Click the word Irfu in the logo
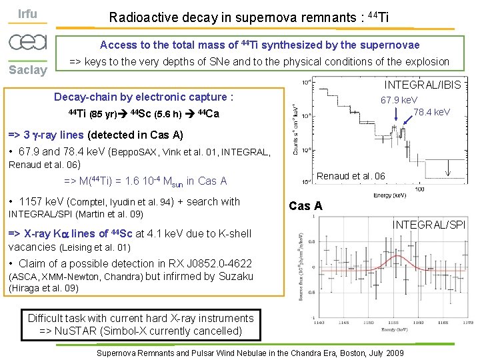tap(27, 14)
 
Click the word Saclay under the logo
tap(27, 70)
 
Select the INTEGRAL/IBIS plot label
tap(422, 85)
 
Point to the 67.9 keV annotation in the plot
tap(399, 99)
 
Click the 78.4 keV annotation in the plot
tap(432, 111)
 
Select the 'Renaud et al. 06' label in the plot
tap(351, 176)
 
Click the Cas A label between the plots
tap(306, 206)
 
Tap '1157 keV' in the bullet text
tap(41, 201)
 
